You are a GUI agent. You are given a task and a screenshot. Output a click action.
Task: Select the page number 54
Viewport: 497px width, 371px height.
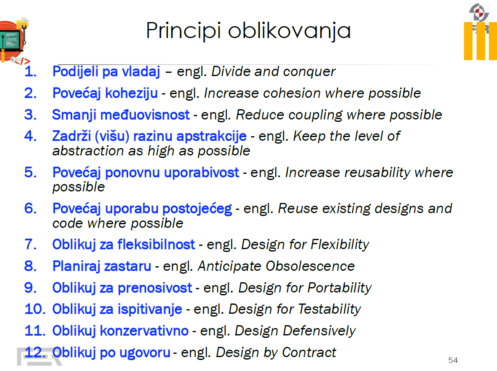pyautogui.click(x=453, y=360)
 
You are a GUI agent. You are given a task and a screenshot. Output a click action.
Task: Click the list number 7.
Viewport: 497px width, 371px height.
pyautogui.click(x=31, y=245)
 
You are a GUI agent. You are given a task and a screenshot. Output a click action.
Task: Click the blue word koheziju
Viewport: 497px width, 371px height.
pyautogui.click(x=131, y=93)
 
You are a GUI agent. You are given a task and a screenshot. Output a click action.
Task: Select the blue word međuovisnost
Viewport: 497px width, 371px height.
pyautogui.click(x=145, y=115)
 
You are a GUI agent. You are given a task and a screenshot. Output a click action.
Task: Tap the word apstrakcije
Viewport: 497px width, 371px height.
pyautogui.click(x=211, y=137)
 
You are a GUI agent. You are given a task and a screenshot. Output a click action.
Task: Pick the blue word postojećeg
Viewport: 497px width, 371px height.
pyautogui.click(x=197, y=209)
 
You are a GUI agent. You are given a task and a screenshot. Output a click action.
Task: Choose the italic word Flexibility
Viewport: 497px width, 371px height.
pyautogui.click(x=340, y=245)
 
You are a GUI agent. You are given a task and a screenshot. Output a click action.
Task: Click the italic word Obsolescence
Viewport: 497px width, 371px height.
pyautogui.click(x=310, y=266)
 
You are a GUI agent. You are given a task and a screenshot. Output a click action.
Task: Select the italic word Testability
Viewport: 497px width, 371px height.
pyautogui.click(x=330, y=309)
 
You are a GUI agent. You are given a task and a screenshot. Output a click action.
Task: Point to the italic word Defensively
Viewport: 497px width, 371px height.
pyautogui.click(x=319, y=331)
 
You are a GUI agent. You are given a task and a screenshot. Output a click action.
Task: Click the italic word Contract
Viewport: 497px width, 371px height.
pyautogui.click(x=309, y=353)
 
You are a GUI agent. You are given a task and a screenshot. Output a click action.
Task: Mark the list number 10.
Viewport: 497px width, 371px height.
pyautogui.click(x=35, y=309)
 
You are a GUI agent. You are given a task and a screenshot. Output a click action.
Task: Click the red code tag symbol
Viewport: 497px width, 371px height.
pyautogui.click(x=22, y=61)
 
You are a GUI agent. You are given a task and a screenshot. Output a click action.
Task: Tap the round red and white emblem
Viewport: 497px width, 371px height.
pyautogui.click(x=479, y=12)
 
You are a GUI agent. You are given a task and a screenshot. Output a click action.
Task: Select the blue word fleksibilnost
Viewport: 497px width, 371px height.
pyautogui.click(x=156, y=245)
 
